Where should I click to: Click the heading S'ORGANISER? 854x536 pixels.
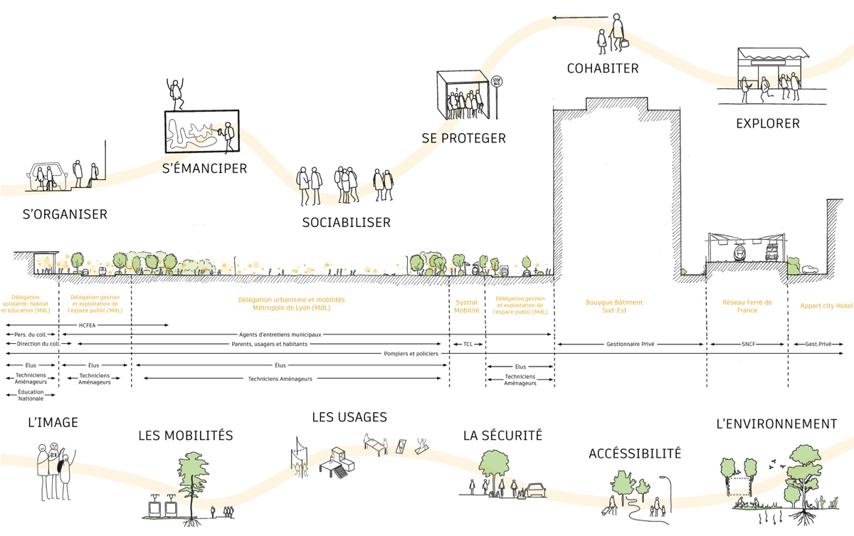(x=65, y=214)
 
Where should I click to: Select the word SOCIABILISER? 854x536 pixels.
(x=346, y=223)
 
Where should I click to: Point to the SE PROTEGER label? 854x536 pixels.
(x=463, y=139)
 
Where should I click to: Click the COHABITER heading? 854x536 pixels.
(x=603, y=69)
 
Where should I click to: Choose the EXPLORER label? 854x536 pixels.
(x=767, y=124)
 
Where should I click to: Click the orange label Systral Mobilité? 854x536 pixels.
(x=466, y=307)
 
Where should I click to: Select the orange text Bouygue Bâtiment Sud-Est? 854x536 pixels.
(x=614, y=307)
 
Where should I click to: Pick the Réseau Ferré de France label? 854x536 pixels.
(x=747, y=307)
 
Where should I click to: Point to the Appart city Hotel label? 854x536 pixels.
(x=826, y=306)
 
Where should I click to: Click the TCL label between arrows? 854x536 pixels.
(x=468, y=344)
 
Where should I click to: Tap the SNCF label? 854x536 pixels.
(x=747, y=344)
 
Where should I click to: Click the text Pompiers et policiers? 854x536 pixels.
(x=411, y=353)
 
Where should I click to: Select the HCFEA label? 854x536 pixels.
(x=88, y=325)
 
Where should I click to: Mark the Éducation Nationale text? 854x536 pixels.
(x=31, y=395)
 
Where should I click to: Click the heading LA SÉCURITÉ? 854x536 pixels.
(x=502, y=435)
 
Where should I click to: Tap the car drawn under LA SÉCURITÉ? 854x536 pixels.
(x=535, y=490)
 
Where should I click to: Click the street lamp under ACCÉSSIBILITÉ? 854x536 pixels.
(x=668, y=491)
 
